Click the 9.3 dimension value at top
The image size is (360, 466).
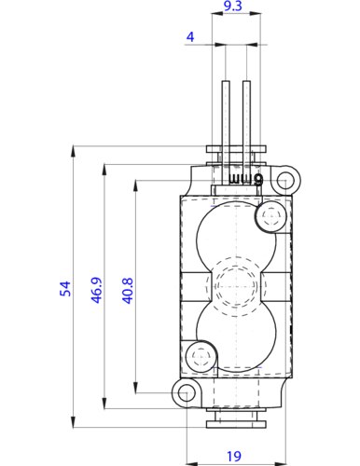point(234,7)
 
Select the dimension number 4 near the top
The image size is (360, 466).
point(190,37)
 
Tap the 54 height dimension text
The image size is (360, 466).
point(65,290)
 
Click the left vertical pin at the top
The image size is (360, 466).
point(227,112)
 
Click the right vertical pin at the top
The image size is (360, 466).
point(246,112)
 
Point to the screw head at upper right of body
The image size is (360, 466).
point(271,217)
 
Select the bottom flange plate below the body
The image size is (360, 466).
point(234,424)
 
